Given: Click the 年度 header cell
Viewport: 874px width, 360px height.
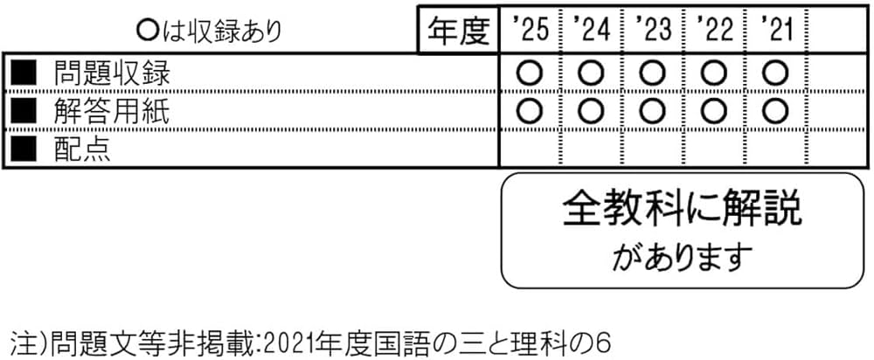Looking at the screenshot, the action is pos(457,31).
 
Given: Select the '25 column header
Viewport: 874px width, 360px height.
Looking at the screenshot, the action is pos(530,31).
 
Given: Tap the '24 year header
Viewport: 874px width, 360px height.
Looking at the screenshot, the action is pos(592,31).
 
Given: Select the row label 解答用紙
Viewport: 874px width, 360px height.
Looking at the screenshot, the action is pos(111,112).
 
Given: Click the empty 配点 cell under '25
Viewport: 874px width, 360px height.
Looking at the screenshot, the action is pos(530,149).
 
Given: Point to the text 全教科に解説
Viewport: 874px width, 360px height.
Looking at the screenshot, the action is pos(682,211).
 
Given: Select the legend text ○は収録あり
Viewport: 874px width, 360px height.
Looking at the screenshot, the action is pos(210,31).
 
